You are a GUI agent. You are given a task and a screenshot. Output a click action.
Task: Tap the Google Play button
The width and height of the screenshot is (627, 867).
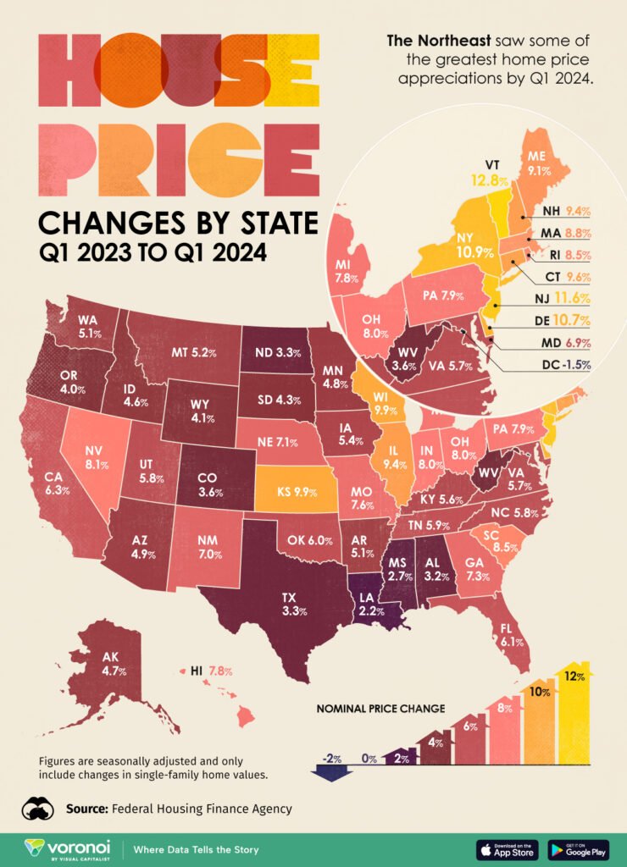click(x=579, y=848)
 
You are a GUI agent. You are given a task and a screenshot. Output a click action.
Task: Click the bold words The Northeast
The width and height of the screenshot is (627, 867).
click(x=433, y=40)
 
